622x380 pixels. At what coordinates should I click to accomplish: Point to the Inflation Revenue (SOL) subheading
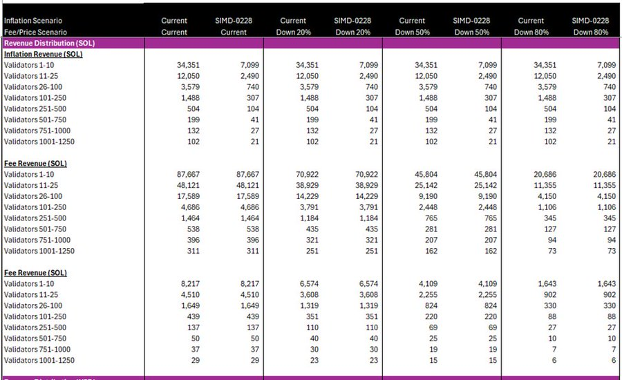tap(43, 54)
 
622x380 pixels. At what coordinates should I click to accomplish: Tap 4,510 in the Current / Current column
tap(190, 294)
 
